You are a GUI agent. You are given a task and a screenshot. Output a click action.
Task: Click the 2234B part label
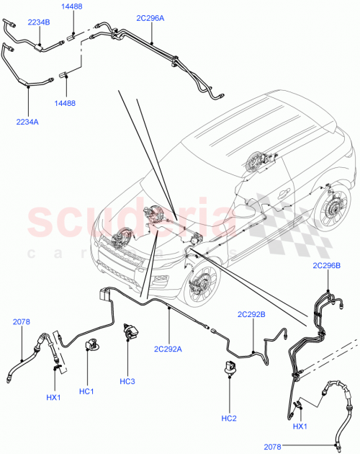click(x=39, y=22)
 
